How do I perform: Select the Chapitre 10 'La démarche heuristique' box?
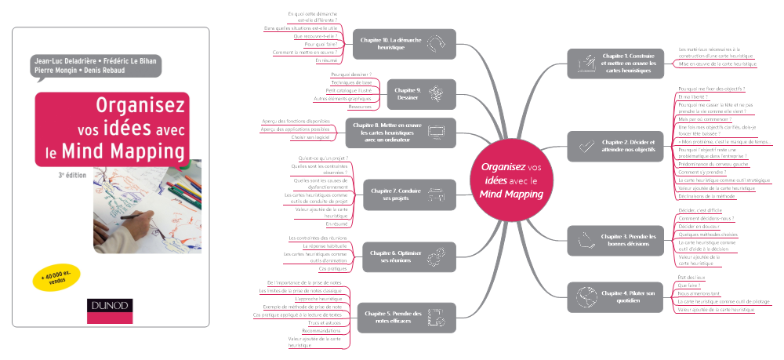tap(404, 43)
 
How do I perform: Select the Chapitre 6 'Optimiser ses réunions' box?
tap(403, 255)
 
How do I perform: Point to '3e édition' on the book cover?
tap(72, 177)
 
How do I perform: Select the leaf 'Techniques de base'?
tap(351, 82)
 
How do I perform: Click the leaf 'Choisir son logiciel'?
tap(310, 137)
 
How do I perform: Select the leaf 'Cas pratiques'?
tap(332, 269)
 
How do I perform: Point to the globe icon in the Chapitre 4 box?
tap(584, 296)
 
